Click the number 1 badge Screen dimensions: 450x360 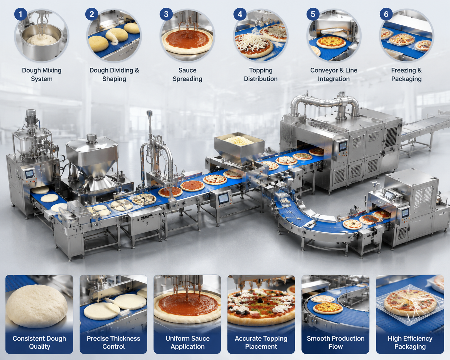point(21,14)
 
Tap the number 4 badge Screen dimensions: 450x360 point(240,14)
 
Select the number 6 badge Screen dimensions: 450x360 point(386,14)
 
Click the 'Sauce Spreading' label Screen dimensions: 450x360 point(187,74)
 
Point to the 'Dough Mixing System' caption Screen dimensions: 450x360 point(42,74)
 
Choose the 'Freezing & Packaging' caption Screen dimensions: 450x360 point(406,74)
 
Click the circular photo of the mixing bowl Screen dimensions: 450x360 point(42,35)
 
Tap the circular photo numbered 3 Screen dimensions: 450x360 point(187,35)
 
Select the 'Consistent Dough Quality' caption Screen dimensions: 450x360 point(39,342)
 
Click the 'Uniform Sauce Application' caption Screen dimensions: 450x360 point(187,342)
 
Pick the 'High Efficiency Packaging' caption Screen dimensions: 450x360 point(410,342)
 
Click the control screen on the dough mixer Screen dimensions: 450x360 point(29,174)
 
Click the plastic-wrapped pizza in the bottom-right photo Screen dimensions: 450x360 point(410,305)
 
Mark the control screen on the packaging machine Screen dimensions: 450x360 point(405,213)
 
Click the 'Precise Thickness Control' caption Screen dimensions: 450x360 point(113,342)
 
